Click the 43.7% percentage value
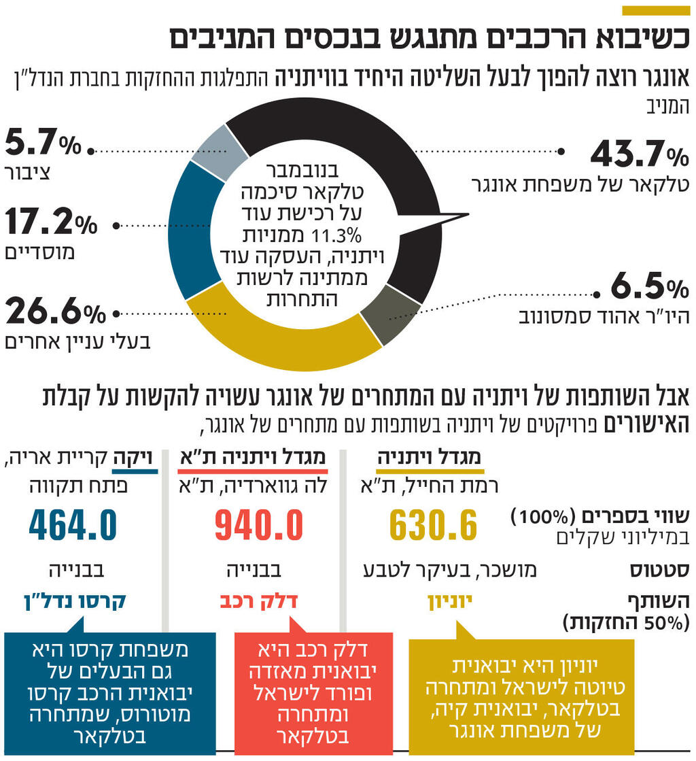pos(639,155)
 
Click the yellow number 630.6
pos(434,525)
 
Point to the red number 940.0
pos(259,525)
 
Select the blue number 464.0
pos(73,525)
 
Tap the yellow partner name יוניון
pos(449,602)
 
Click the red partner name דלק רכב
pos(259,602)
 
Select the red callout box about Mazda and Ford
pos(313,690)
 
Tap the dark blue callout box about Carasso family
pos(109,690)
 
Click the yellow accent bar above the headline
pos(656,10)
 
